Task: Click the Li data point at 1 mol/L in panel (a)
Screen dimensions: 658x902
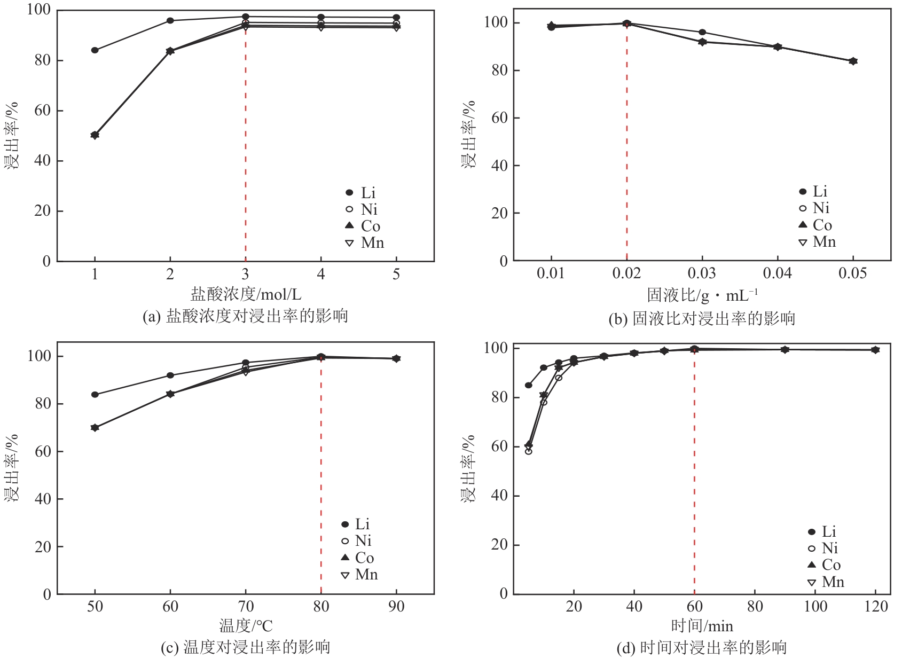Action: point(95,50)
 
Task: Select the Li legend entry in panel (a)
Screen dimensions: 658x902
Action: point(361,193)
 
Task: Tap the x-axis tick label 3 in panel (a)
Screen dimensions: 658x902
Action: point(245,275)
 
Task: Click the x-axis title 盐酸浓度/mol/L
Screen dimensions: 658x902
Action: point(246,294)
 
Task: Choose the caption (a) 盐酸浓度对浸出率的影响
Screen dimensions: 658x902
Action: point(245,316)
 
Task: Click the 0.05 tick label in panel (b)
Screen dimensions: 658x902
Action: point(852,273)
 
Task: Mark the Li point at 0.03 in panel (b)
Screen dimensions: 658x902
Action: point(702,33)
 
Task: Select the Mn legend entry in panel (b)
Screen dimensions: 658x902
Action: point(817,242)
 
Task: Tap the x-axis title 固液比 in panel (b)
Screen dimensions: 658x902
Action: point(702,295)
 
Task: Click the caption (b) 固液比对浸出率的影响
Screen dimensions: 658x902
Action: point(702,319)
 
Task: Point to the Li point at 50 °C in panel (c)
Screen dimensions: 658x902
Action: point(95,395)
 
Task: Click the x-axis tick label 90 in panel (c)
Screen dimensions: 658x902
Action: point(396,607)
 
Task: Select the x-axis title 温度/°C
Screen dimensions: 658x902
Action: point(246,625)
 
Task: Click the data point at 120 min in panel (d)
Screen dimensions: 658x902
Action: point(875,350)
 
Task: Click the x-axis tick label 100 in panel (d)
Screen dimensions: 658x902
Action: point(815,607)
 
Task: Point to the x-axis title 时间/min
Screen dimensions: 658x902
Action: point(702,625)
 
